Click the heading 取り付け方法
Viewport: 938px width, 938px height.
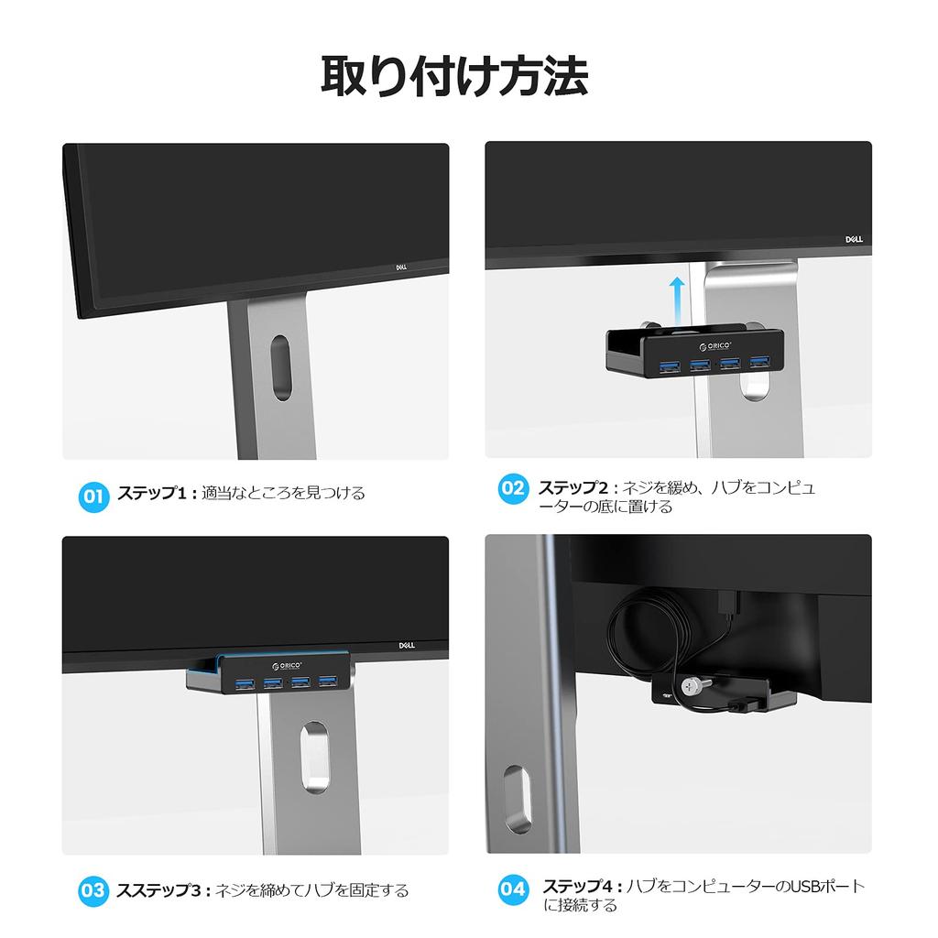pos(454,76)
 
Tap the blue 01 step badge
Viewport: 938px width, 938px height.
pos(93,496)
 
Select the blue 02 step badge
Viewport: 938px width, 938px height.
pos(512,487)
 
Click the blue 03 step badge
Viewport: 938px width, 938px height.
pos(93,889)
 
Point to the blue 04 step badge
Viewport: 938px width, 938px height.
pos(512,888)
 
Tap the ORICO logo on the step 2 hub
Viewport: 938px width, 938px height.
pos(719,346)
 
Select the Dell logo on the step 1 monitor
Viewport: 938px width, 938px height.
pos(400,268)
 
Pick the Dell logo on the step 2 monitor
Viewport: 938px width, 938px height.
pos(853,239)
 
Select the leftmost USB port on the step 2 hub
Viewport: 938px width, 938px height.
pos(666,367)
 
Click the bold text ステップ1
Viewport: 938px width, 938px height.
pos(152,494)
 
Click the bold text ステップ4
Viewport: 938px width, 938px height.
pos(577,887)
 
